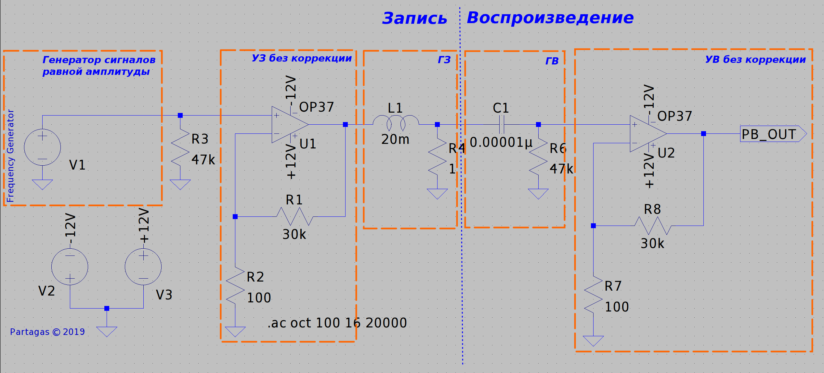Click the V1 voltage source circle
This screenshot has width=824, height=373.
coord(42,147)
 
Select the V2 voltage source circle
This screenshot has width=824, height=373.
coord(70,267)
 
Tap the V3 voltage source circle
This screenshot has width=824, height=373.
coord(143,267)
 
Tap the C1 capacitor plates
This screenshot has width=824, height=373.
coord(502,124)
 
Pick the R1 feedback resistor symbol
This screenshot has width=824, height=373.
coord(294,216)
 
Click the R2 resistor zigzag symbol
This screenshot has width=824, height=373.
coord(235,285)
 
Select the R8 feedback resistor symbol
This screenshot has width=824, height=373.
coord(653,226)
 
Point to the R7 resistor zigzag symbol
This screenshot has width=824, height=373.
coord(593,295)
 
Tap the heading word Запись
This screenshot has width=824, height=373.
coord(414,18)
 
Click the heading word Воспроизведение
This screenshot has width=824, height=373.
coord(550,18)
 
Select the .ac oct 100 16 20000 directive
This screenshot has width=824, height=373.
coord(337,323)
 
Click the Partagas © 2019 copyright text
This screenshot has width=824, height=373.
coord(47,332)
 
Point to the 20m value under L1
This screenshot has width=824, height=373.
coord(395,139)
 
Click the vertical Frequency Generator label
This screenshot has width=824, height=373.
coord(10,156)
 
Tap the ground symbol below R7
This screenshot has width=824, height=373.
coord(593,341)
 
